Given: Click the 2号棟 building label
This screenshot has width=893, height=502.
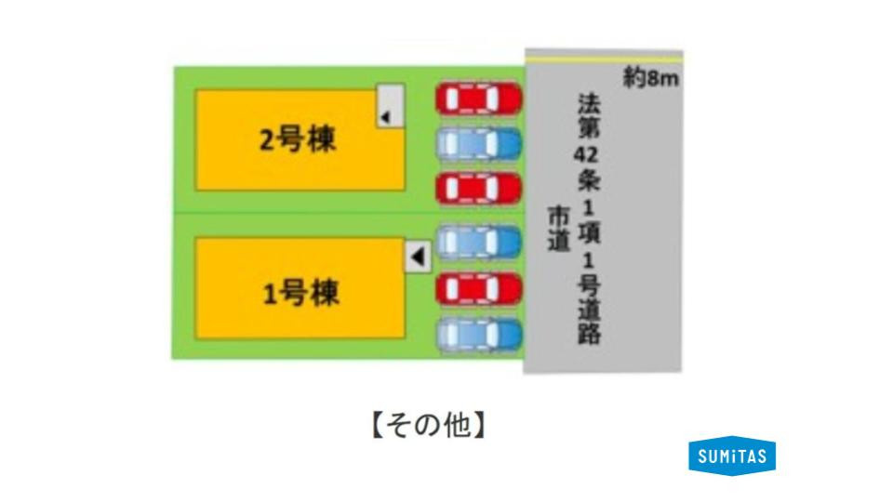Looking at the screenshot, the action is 298,139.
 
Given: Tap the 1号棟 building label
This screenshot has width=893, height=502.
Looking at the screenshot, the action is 300,293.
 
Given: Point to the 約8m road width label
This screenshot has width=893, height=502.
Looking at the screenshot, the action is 650,78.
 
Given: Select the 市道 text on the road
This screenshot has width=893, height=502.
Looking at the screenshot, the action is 559,229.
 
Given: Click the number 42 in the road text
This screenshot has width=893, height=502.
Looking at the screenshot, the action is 587,153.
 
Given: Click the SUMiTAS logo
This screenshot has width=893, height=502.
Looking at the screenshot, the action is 732,456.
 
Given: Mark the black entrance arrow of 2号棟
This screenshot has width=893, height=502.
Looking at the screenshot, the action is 385,117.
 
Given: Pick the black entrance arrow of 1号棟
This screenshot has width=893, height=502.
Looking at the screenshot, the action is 418,257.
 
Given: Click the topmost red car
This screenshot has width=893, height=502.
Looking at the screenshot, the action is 479,99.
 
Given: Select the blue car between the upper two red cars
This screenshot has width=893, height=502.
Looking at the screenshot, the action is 479,143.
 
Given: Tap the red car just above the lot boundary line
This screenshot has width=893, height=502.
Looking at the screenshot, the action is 479,189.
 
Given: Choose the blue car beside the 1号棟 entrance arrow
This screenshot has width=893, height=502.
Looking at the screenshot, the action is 479,242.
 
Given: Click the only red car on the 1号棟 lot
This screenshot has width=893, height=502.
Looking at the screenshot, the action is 479,288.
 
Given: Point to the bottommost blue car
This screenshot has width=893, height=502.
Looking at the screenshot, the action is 479,334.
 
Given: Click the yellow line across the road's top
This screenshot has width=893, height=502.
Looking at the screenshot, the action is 605,59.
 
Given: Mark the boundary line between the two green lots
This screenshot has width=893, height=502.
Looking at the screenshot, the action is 349,214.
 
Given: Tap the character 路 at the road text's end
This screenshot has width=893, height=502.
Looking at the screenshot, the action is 589,333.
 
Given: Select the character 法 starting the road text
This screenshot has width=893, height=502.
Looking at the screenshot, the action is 589,103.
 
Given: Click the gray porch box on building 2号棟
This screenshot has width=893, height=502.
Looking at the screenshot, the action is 391,106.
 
